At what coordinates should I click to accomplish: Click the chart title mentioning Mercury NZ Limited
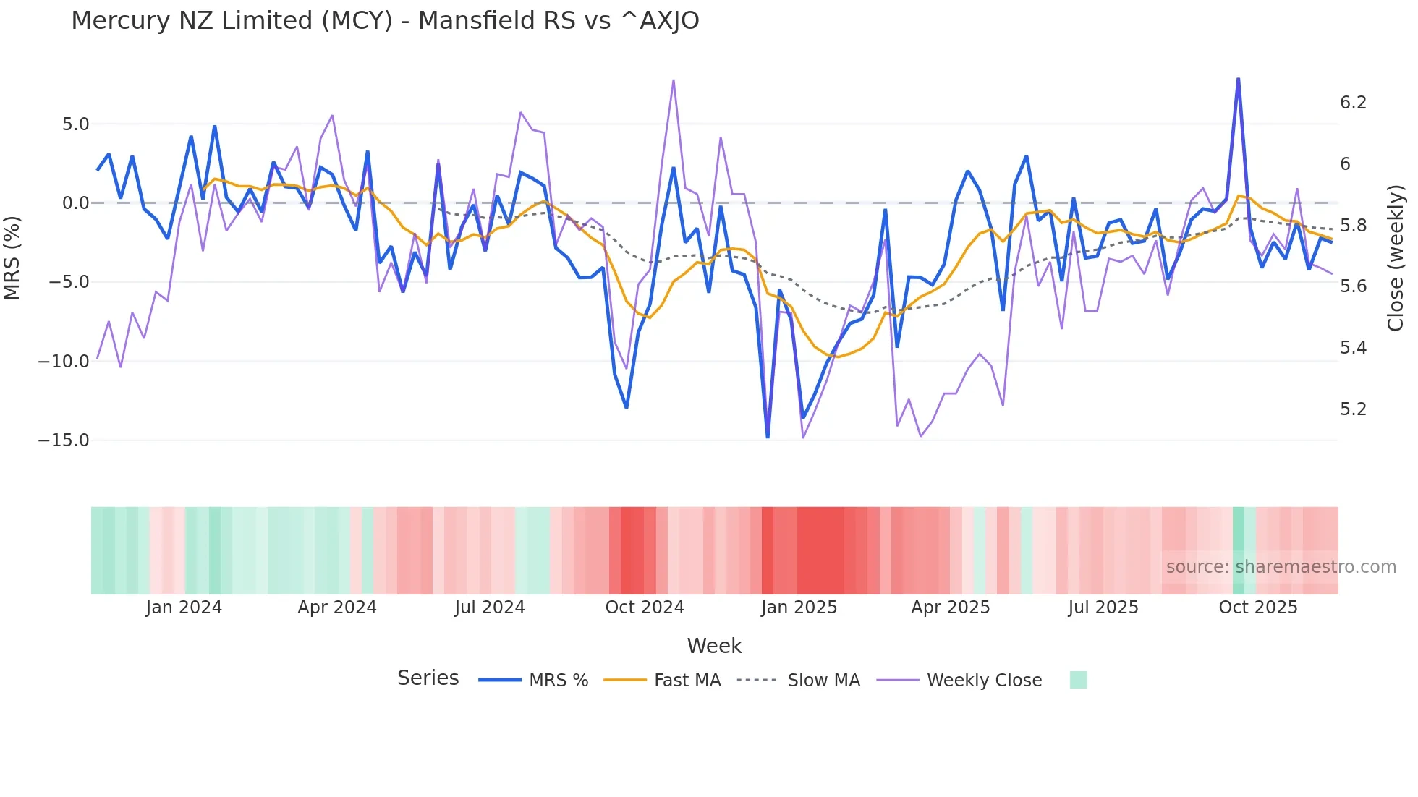point(385,20)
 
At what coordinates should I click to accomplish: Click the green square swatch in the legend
point(1078,680)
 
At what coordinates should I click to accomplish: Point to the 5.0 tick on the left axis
point(75,124)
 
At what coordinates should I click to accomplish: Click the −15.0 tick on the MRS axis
point(64,440)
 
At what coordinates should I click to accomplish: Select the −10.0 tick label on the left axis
point(64,362)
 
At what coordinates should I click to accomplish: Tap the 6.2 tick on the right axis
point(1353,103)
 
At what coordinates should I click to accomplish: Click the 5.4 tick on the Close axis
point(1353,348)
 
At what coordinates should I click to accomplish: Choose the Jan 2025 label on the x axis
point(799,608)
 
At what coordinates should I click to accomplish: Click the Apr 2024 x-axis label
point(337,608)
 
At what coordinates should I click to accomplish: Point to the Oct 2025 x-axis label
point(1257,608)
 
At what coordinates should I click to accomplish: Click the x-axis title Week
point(714,646)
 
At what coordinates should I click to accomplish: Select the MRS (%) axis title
point(12,258)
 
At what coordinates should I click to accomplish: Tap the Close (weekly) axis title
point(1396,258)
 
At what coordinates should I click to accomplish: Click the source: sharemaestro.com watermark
point(1281,567)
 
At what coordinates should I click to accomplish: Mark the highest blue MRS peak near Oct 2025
point(1238,79)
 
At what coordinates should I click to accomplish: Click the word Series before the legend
point(428,678)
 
